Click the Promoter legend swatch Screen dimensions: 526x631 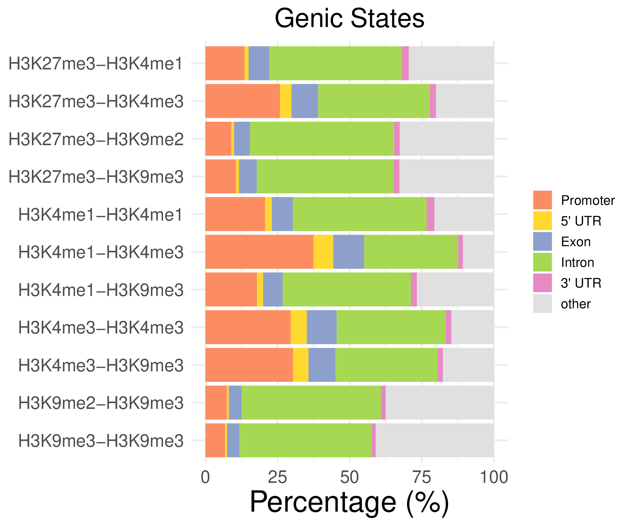click(x=542, y=200)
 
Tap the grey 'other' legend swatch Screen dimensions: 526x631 click(x=542, y=303)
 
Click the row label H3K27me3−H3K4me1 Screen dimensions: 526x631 click(x=96, y=64)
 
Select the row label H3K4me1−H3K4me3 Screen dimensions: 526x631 click(x=101, y=252)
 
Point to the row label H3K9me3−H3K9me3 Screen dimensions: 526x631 click(x=101, y=441)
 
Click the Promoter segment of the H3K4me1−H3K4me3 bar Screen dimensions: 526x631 click(x=259, y=252)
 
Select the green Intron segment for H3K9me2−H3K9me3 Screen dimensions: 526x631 click(x=311, y=403)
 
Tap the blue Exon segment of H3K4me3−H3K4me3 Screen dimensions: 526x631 click(x=321, y=327)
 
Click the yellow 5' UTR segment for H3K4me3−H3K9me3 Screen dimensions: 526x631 click(x=300, y=365)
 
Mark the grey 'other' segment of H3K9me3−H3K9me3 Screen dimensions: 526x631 click(x=435, y=440)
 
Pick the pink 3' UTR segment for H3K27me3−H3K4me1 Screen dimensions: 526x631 click(x=405, y=63)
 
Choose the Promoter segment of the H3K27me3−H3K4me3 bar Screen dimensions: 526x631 click(x=243, y=101)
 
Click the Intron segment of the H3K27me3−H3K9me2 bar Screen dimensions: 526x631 click(x=322, y=139)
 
